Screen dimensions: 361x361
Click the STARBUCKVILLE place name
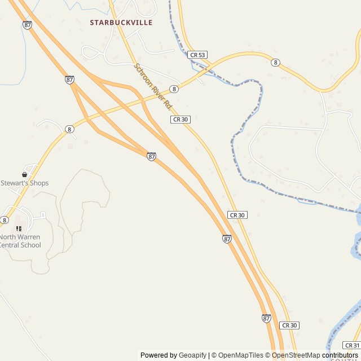tap(121, 23)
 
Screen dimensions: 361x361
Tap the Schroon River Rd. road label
tap(153, 86)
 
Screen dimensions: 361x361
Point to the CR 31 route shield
tap(351, 345)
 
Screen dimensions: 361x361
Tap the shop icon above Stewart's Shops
tap(24, 175)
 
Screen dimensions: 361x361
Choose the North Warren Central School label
tap(20, 241)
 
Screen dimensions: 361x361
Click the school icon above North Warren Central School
tap(19, 228)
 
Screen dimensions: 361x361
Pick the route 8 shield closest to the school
tap(5, 220)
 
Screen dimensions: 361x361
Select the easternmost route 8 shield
tap(275, 62)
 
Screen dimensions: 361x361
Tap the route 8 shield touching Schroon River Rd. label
tap(174, 89)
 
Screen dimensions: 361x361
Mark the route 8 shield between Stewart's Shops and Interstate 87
tap(69, 129)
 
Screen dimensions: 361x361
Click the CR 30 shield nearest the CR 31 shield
tap(289, 325)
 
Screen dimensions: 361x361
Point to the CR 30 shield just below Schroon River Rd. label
tap(180, 120)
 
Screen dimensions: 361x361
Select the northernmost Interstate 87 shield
tap(27, 25)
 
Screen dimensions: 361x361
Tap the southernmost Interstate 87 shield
tap(266, 318)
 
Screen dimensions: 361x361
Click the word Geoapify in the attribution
tap(192, 355)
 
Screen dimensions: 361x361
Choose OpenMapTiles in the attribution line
tap(241, 355)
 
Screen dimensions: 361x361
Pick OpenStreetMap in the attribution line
tap(296, 355)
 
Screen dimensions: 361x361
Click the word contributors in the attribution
tap(340, 355)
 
